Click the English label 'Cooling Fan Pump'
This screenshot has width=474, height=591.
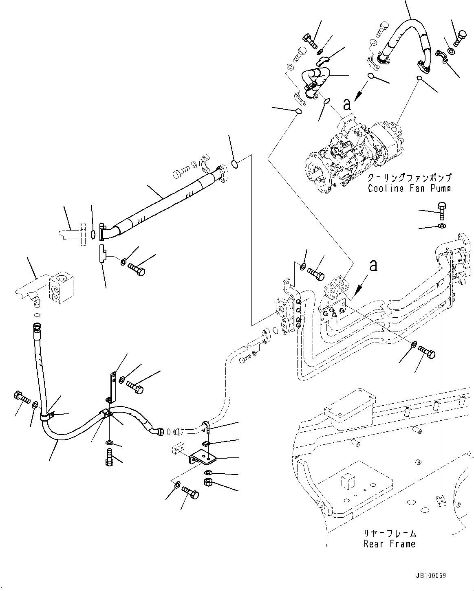[x=409, y=188]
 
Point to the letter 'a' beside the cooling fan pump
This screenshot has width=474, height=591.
[x=347, y=104]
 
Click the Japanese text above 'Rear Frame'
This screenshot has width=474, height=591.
[x=390, y=533]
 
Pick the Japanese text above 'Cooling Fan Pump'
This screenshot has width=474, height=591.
[x=410, y=178]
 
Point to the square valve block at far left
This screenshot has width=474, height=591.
[x=62, y=287]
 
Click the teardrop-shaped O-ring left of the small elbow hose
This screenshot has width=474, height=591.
[x=298, y=111]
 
